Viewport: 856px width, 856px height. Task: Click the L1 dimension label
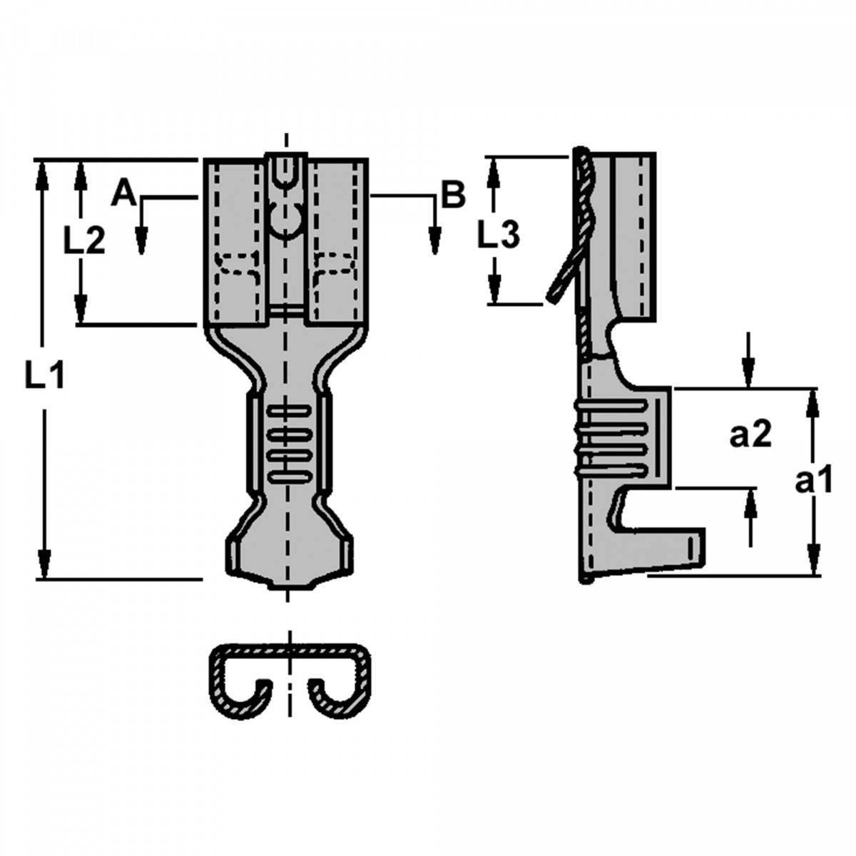[44, 376]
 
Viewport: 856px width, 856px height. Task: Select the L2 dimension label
[83, 241]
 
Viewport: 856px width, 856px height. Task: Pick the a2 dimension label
[750, 434]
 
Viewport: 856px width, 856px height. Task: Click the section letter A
[123, 193]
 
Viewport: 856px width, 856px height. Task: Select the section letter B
[452, 194]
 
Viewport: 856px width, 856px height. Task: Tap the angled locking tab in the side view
[563, 278]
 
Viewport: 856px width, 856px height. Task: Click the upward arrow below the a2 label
[750, 504]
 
